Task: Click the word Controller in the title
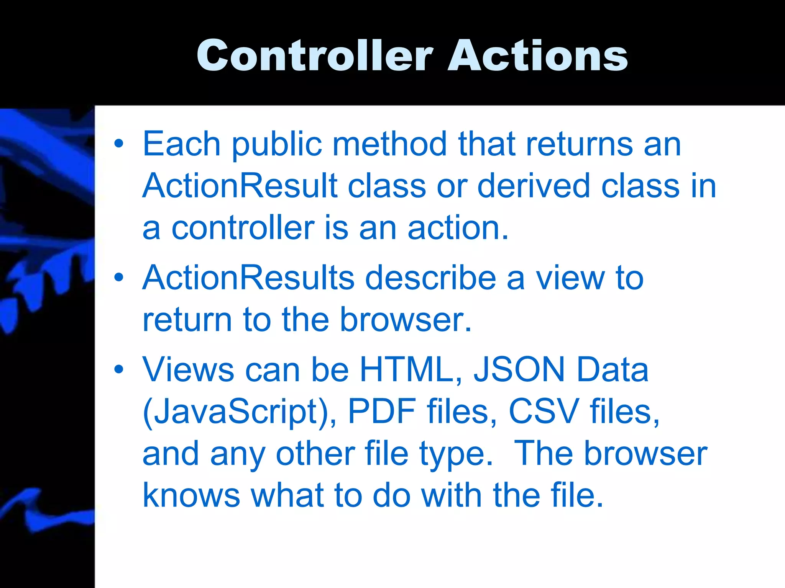coord(314,56)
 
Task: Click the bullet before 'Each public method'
coord(119,144)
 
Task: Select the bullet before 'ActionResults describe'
coord(119,278)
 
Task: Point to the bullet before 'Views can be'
coord(119,369)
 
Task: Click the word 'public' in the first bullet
coord(277,145)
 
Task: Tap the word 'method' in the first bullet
coord(389,144)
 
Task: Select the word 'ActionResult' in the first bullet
coord(240,186)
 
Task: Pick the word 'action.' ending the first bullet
coord(458,228)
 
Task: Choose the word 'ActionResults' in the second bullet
coord(248,278)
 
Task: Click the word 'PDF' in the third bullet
coord(382,412)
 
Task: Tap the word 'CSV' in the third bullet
coord(544,412)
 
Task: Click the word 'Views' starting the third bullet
coord(188,369)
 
